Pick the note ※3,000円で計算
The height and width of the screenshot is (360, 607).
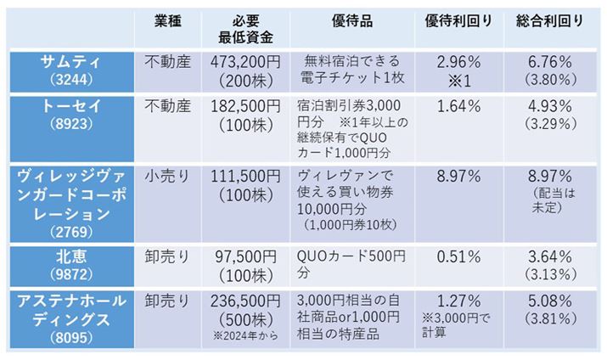coord(460,325)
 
